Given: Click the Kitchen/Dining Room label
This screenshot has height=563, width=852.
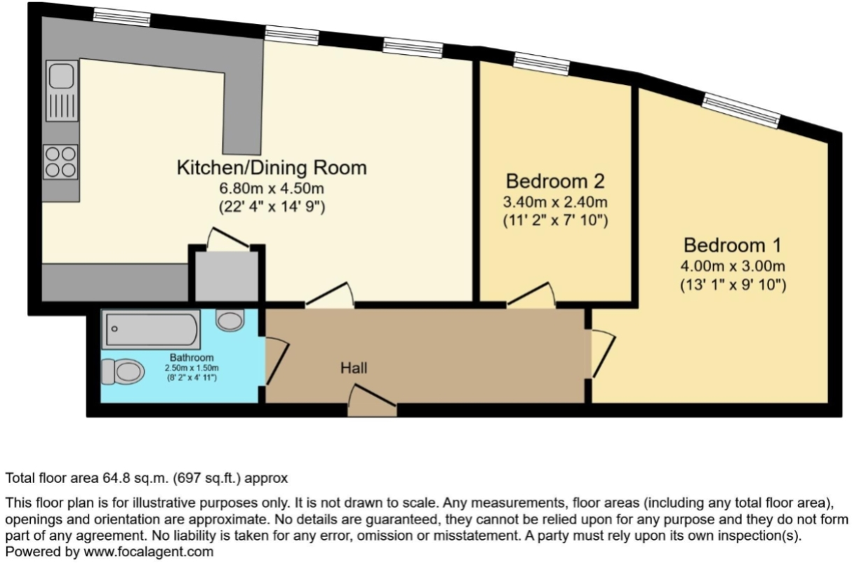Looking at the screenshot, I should pyautogui.click(x=271, y=168).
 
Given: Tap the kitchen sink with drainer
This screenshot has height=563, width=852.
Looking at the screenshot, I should pyautogui.click(x=62, y=91).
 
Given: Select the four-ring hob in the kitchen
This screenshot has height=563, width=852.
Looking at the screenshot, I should pyautogui.click(x=60, y=161).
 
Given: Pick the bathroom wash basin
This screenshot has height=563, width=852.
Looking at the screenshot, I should pyautogui.click(x=229, y=321).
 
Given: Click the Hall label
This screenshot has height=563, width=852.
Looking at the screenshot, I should pyautogui.click(x=354, y=368).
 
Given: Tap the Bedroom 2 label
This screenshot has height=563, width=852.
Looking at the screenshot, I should pyautogui.click(x=555, y=181).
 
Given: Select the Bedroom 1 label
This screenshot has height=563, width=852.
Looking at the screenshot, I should pyautogui.click(x=732, y=246).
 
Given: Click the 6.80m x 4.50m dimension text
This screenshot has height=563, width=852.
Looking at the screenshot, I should pyautogui.click(x=271, y=188).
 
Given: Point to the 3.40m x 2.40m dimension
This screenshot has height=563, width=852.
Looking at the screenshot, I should pyautogui.click(x=555, y=202).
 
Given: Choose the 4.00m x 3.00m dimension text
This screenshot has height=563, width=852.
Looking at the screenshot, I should pyautogui.click(x=732, y=267).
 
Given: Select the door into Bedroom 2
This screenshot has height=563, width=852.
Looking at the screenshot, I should pyautogui.click(x=531, y=296).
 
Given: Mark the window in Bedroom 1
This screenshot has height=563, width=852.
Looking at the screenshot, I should pyautogui.click(x=742, y=111).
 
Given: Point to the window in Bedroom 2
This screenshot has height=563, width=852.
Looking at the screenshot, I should pyautogui.click(x=541, y=65).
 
